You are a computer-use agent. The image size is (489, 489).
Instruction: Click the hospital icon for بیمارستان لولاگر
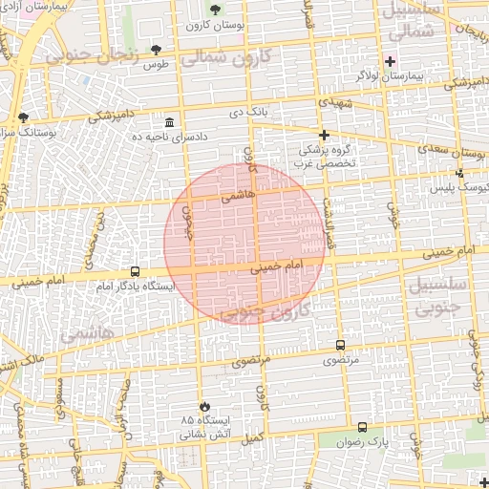[x=389, y=61]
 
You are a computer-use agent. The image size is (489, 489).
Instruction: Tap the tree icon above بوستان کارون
[x=212, y=9]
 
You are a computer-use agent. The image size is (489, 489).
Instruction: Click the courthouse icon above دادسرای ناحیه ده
[x=170, y=122]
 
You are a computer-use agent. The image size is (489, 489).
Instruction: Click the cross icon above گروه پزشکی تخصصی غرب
[x=324, y=135]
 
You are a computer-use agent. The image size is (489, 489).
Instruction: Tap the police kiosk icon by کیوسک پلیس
[x=460, y=173]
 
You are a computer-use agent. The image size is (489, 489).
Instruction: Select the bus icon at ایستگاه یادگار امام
[x=135, y=271]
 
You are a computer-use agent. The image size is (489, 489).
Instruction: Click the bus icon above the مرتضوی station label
[x=340, y=345]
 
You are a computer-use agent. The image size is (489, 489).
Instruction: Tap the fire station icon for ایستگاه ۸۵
[x=202, y=406]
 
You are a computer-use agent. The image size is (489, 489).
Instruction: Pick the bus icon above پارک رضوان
[x=362, y=427]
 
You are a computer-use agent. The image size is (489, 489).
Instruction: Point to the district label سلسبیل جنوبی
[x=437, y=297]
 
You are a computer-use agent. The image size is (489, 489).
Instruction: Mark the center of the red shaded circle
[x=244, y=244]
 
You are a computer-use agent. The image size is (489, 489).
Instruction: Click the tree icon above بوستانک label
[x=24, y=117]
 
